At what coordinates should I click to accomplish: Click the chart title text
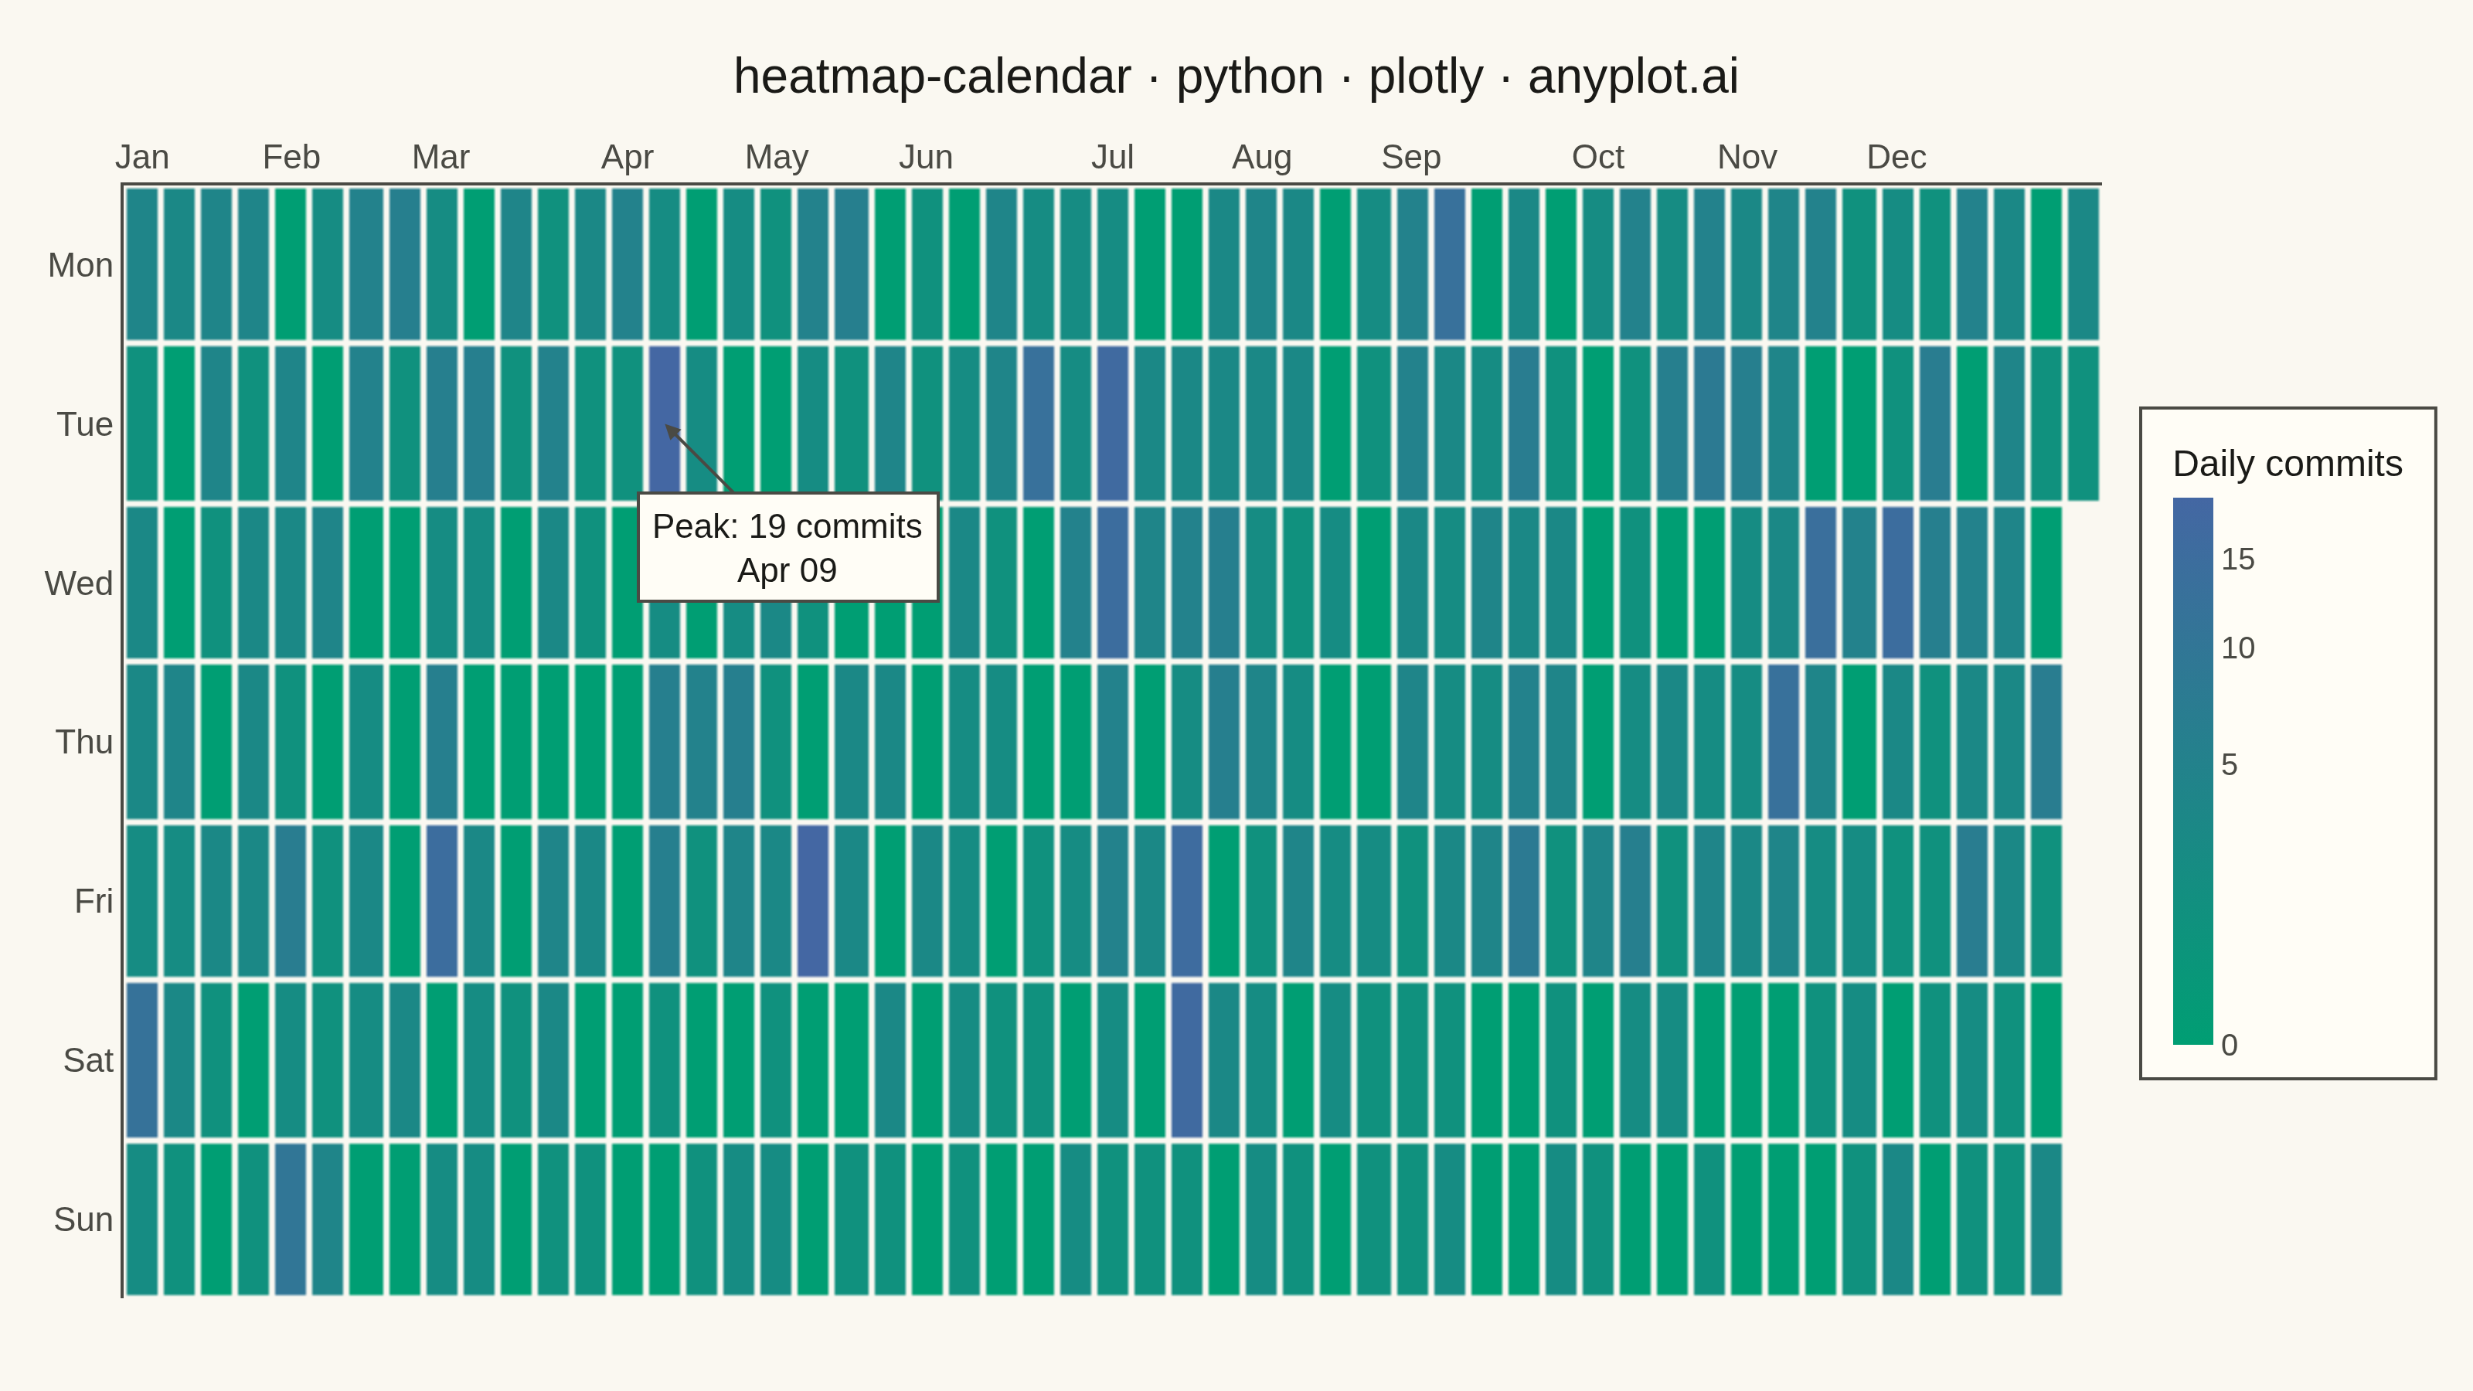point(1236,77)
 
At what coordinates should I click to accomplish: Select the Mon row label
point(80,265)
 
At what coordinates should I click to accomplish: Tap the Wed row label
point(79,583)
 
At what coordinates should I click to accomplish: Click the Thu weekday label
point(84,742)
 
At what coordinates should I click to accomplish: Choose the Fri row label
point(94,901)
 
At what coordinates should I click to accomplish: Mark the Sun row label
point(83,1219)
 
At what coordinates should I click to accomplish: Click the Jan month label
point(142,156)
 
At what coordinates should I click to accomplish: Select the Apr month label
point(627,156)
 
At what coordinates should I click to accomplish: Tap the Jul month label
point(1113,156)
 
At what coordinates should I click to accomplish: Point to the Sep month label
point(1411,156)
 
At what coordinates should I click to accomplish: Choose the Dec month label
point(1896,156)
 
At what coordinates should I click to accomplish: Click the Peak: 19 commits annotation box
point(787,547)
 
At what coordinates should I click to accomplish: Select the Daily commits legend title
point(2288,464)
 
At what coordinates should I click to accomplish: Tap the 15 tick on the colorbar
point(2238,559)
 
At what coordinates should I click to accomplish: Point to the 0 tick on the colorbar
point(2229,1045)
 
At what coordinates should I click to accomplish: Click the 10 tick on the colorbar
point(2238,648)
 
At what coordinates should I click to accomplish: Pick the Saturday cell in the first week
point(141,1059)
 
